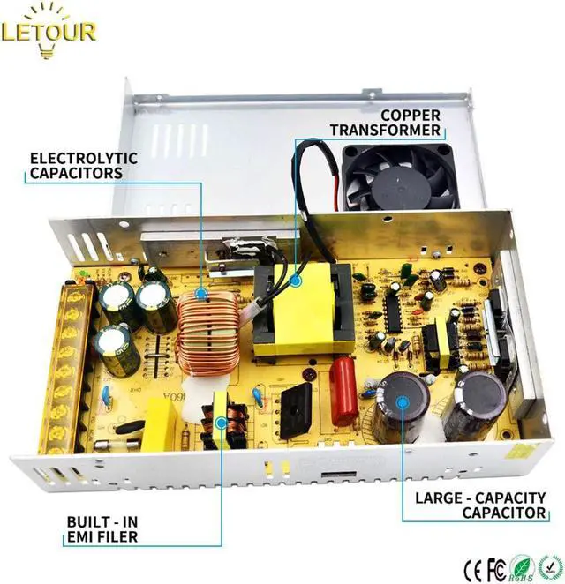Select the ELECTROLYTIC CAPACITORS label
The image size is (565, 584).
84,166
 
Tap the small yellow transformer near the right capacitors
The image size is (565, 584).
439,346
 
